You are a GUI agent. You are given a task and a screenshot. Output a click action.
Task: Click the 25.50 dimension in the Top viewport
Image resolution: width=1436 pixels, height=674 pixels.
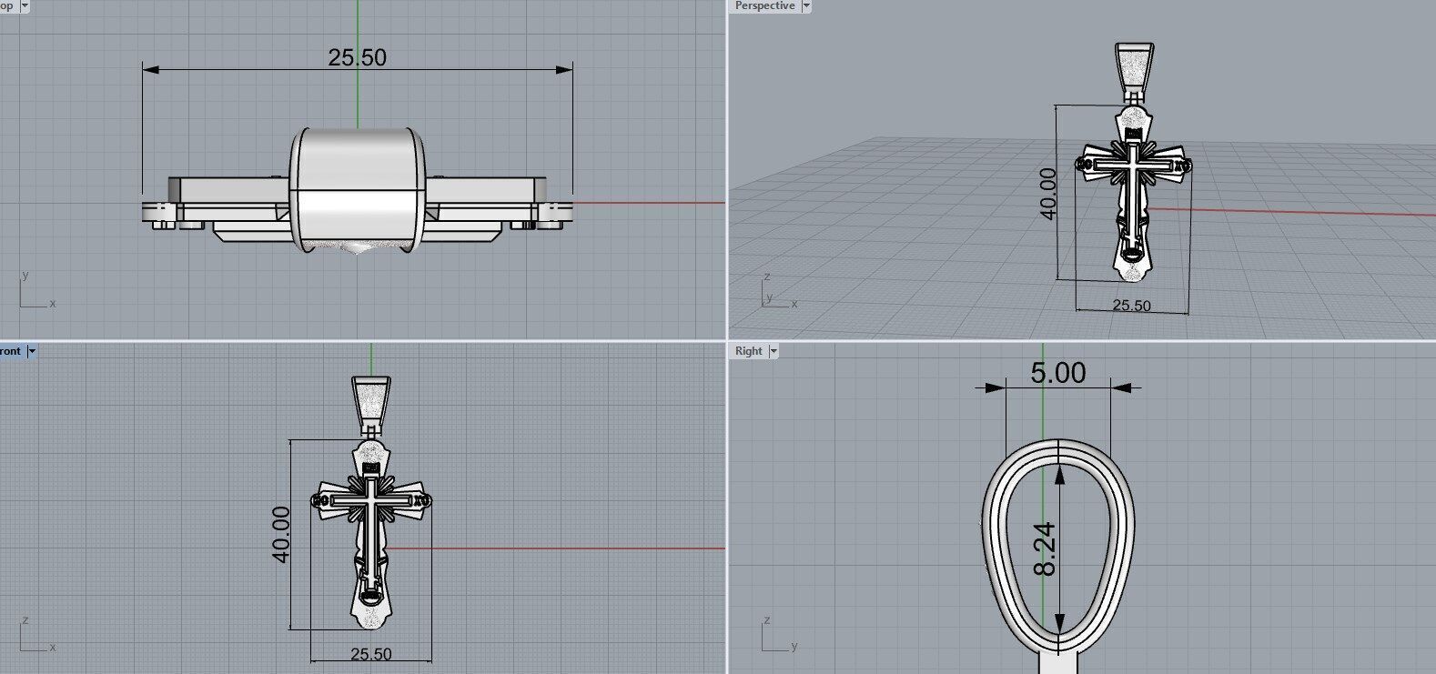pyautogui.click(x=357, y=57)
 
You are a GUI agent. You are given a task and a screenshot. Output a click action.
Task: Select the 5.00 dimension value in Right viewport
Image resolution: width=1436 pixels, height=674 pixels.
pyautogui.click(x=1057, y=373)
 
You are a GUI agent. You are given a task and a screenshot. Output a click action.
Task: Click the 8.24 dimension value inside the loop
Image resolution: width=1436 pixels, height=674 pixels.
pyautogui.click(x=1046, y=548)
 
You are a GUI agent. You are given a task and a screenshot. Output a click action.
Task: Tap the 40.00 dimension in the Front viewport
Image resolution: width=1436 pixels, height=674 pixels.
pyautogui.click(x=281, y=534)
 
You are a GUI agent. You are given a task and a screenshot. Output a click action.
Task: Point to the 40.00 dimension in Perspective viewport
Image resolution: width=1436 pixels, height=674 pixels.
pyautogui.click(x=1047, y=193)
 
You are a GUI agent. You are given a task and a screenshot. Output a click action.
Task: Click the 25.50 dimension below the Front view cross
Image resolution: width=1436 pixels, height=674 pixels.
pyautogui.click(x=370, y=654)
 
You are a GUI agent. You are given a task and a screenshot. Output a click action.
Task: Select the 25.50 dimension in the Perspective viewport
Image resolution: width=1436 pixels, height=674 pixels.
pyautogui.click(x=1131, y=306)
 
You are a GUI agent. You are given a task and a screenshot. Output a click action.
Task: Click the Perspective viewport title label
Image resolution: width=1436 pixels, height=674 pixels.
pyautogui.click(x=764, y=6)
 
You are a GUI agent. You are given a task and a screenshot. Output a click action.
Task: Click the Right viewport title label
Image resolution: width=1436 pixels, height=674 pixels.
pyautogui.click(x=749, y=351)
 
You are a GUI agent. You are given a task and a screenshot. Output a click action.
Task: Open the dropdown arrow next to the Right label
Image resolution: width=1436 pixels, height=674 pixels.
pyautogui.click(x=774, y=351)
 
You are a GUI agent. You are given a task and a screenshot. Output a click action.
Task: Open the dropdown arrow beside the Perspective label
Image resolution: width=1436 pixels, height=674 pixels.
pyautogui.click(x=805, y=6)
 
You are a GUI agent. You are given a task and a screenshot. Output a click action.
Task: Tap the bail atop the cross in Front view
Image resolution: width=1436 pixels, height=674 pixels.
pyautogui.click(x=371, y=399)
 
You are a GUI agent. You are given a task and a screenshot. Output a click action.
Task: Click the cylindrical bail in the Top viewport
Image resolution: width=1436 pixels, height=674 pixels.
pyautogui.click(x=358, y=186)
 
